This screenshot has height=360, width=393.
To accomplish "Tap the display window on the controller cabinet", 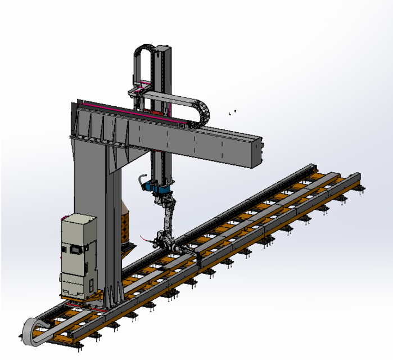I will [x=73, y=249].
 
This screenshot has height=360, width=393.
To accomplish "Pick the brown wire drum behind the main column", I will [x=127, y=219].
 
